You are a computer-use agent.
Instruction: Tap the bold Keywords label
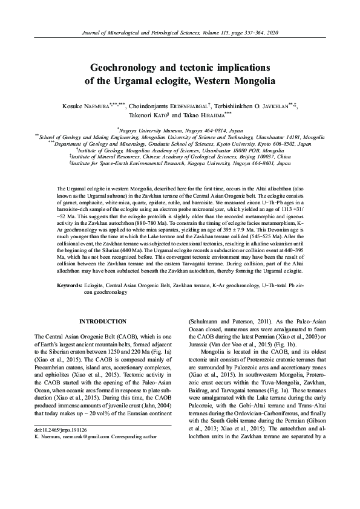pos(70,284)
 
